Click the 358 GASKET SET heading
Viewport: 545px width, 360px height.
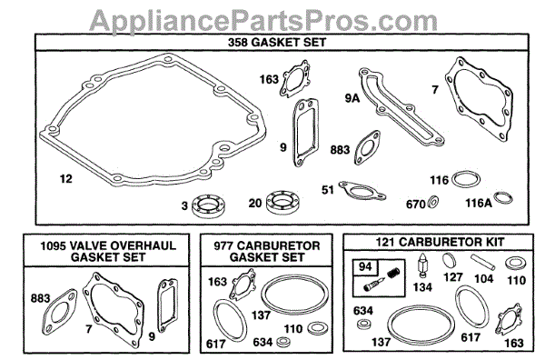[x=277, y=43]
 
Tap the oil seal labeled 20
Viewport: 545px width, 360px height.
[x=283, y=202]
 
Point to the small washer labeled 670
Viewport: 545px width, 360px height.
[x=433, y=202]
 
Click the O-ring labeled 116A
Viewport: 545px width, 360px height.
[x=503, y=198]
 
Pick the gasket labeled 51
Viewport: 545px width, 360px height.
[x=362, y=191]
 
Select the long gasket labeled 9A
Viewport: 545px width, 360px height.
[x=400, y=106]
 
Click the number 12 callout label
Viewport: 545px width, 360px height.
[x=66, y=179]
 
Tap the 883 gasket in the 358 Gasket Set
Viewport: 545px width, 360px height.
[x=367, y=147]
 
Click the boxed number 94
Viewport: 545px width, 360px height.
[x=365, y=266]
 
